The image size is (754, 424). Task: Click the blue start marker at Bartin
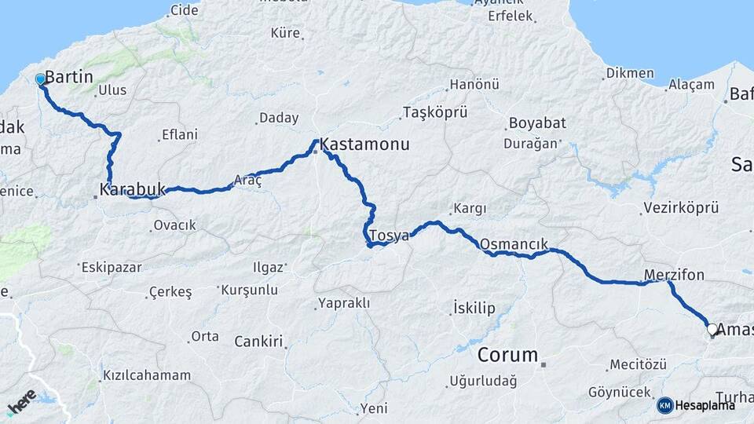[x=40, y=79]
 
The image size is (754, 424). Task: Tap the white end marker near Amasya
[x=712, y=329]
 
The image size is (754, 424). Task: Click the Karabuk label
[x=133, y=189]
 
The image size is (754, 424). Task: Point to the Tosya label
[x=389, y=236]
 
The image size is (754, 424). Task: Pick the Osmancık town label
[x=513, y=244]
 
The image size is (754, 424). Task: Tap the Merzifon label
[x=674, y=275]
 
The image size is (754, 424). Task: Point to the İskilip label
[x=474, y=308]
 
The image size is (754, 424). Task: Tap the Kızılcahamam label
[x=147, y=375]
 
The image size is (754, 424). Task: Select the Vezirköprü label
[x=681, y=208]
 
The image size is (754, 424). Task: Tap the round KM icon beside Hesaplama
[x=664, y=405]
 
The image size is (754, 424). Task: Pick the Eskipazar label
[x=112, y=267]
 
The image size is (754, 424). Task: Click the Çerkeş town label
[x=172, y=292]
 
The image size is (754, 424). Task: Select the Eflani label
[x=180, y=135]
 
